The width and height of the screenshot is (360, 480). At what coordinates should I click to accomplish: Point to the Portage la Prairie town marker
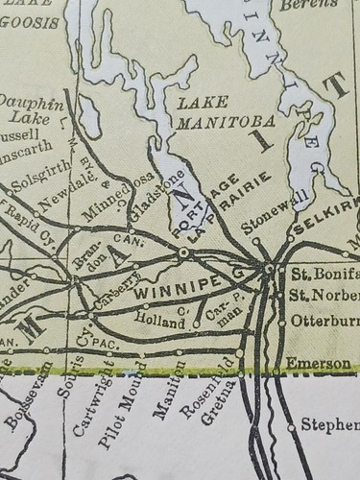183,252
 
